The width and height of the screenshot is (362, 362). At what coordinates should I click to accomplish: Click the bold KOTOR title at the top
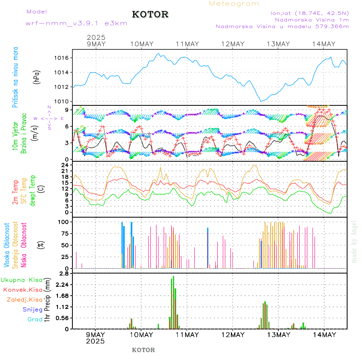150,14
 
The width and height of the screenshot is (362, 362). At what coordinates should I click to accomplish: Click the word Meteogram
234,4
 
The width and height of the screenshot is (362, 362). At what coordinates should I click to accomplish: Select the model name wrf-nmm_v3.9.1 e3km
76,23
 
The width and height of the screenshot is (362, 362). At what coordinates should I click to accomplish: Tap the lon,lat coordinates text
310,13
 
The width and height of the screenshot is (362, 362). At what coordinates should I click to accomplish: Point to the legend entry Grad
35,319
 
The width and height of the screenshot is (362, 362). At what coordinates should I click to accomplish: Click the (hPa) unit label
37,77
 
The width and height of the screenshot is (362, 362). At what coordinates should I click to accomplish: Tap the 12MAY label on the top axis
232,44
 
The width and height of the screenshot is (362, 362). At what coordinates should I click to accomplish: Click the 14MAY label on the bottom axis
324,335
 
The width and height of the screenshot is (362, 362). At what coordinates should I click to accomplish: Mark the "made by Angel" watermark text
354,241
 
